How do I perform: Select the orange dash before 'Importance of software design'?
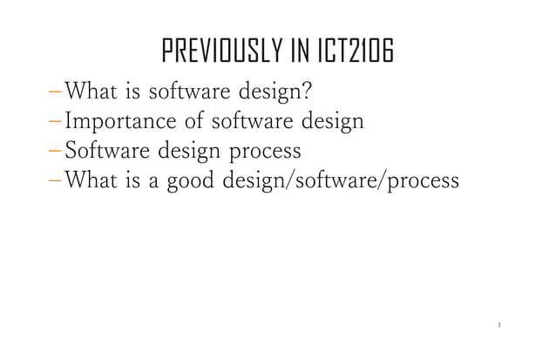click(x=56, y=120)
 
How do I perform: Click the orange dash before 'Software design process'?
click(x=56, y=151)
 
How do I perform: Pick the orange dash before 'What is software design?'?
click(x=56, y=91)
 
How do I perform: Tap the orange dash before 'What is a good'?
click(x=56, y=181)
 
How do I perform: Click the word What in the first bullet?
click(x=92, y=90)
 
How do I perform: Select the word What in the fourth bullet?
click(x=92, y=181)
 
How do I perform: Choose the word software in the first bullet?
click(x=187, y=90)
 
